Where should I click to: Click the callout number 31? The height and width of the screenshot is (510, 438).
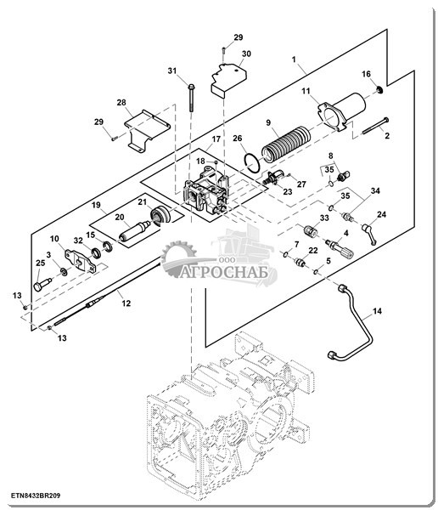click(x=172, y=71)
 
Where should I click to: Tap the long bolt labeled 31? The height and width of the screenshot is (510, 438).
click(x=191, y=98)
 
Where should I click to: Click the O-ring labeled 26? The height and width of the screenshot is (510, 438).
click(x=251, y=163)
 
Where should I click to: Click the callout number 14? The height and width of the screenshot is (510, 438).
click(x=377, y=311)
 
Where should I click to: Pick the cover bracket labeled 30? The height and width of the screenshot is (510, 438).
click(x=228, y=80)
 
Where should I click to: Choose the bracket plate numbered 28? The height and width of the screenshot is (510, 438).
click(x=146, y=130)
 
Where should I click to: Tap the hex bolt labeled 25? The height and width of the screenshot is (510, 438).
click(x=42, y=284)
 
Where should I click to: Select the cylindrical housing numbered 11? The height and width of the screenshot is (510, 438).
click(x=341, y=111)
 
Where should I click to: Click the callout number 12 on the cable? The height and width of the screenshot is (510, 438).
click(x=126, y=303)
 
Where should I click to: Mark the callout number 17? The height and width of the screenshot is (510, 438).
click(x=216, y=139)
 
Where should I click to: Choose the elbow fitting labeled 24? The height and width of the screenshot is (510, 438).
click(x=369, y=231)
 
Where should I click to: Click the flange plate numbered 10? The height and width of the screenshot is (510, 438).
click(x=81, y=261)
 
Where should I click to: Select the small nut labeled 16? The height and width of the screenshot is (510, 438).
click(x=379, y=89)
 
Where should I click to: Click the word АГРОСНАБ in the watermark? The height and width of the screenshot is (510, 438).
click(x=224, y=272)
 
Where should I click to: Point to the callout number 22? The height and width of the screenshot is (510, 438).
click(x=313, y=251)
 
